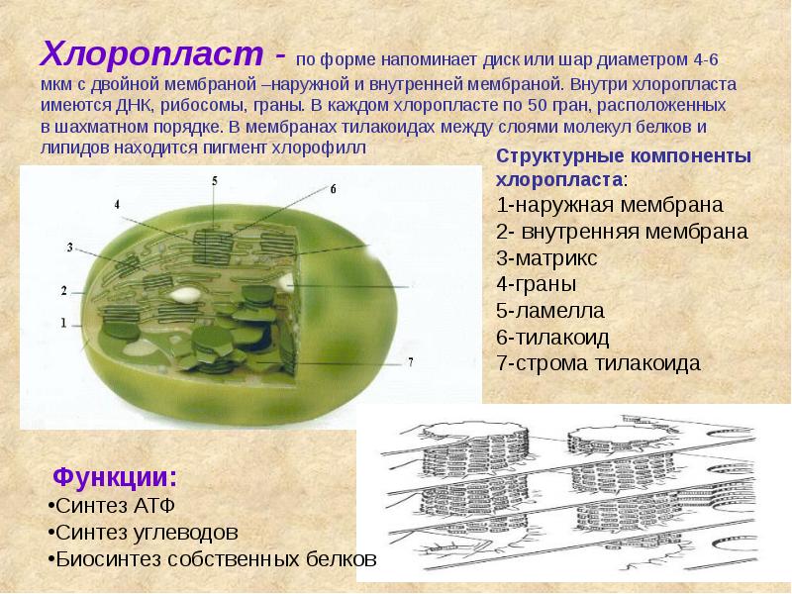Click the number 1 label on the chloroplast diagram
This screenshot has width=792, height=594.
pyautogui.click(x=63, y=323)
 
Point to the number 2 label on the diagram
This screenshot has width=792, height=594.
pyautogui.click(x=63, y=291)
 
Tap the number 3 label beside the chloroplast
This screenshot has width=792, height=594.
pyautogui.click(x=70, y=247)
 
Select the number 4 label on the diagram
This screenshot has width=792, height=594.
pyautogui.click(x=117, y=204)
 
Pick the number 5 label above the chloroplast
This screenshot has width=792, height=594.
pyautogui.click(x=215, y=179)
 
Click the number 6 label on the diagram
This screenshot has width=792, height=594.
pyautogui.click(x=334, y=188)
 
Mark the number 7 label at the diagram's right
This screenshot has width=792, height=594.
pyautogui.click(x=410, y=360)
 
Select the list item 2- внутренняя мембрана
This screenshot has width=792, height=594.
pyautogui.click(x=621, y=234)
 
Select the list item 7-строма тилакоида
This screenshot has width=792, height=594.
pyautogui.click(x=598, y=362)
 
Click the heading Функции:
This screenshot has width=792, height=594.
pyautogui.click(x=116, y=476)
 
